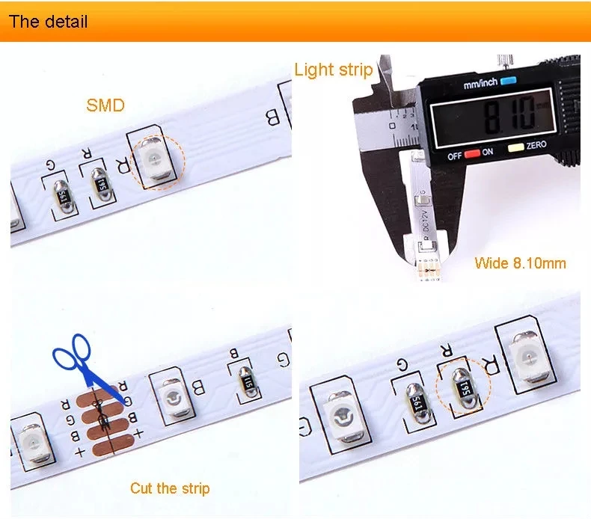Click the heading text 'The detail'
[x=48, y=20]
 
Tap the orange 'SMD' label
[x=105, y=105]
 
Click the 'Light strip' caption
[x=333, y=70]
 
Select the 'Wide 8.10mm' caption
[x=520, y=262]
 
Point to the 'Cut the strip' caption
[x=170, y=488]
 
